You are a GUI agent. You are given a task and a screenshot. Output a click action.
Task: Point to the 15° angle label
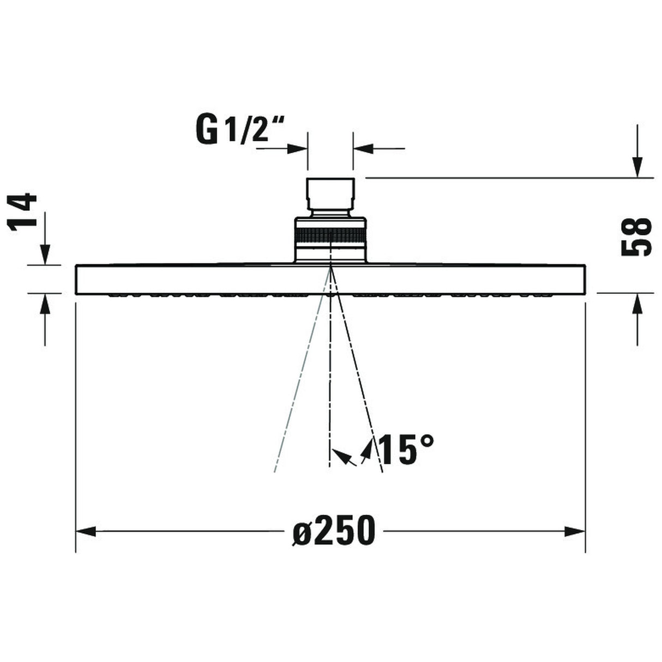pyautogui.click(x=406, y=449)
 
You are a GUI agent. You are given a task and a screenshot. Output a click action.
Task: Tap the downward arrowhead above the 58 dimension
pyautogui.click(x=636, y=166)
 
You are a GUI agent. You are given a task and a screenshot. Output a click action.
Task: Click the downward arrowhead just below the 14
pyautogui.click(x=44, y=254)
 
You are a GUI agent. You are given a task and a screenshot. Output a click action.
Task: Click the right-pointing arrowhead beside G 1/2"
pyautogui.click(x=297, y=148)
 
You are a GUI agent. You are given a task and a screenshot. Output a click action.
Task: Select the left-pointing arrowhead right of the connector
pyautogui.click(x=364, y=148)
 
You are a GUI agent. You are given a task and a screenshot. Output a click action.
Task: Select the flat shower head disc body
pyautogui.click(x=218, y=279)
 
